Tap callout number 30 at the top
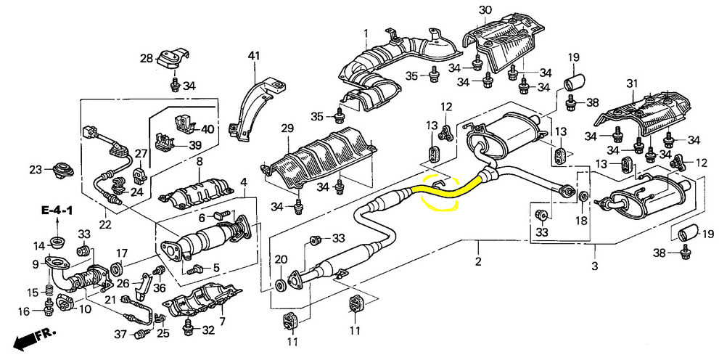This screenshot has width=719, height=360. [485, 9]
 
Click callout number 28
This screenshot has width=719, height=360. [146, 58]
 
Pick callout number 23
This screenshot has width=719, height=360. [36, 170]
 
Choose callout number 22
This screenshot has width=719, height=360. [105, 224]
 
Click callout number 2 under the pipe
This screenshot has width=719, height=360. [478, 261]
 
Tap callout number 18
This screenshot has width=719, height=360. [580, 220]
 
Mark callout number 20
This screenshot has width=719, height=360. [281, 260]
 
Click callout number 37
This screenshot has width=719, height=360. [120, 334]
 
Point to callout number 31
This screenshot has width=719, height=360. [631, 83]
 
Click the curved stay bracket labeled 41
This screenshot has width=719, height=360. [247, 109]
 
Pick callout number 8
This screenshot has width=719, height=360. [198, 161]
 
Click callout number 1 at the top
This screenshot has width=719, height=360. [366, 33]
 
